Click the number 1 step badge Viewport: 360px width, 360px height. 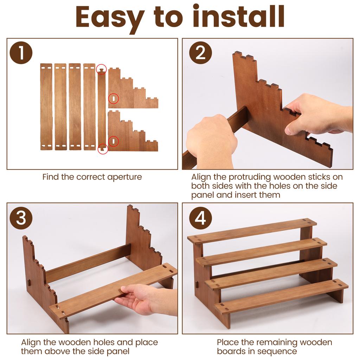tap(21, 53)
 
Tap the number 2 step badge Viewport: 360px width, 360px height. tap(200, 53)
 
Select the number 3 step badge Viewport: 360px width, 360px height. tap(21, 218)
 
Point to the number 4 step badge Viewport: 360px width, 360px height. tap(200, 218)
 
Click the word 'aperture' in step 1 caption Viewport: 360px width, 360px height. tap(124, 178)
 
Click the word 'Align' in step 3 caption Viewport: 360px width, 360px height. tap(31, 342)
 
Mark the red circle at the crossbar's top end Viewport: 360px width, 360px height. tap(101, 69)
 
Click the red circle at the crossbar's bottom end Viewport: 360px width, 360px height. tap(103, 149)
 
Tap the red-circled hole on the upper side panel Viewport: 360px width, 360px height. tap(114, 99)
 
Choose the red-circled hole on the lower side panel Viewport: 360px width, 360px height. tap(114, 141)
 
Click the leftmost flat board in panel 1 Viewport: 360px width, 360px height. tap(46, 107)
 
